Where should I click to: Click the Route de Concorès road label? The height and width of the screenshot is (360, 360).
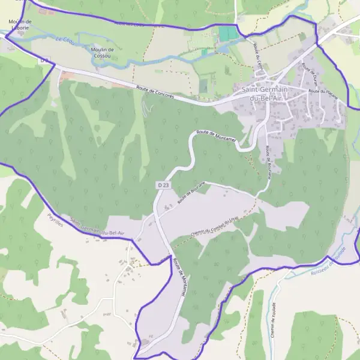[155, 92]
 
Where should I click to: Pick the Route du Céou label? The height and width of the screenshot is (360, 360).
[259, 55]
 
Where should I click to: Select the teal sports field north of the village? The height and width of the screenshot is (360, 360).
[227, 34]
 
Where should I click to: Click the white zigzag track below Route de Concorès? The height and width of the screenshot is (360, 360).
[144, 108]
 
